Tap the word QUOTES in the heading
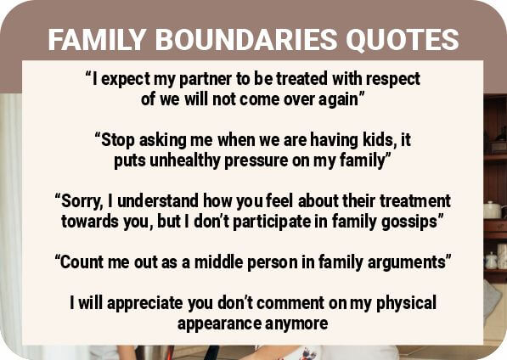(403, 40)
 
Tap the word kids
(379, 140)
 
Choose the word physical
(406, 303)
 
